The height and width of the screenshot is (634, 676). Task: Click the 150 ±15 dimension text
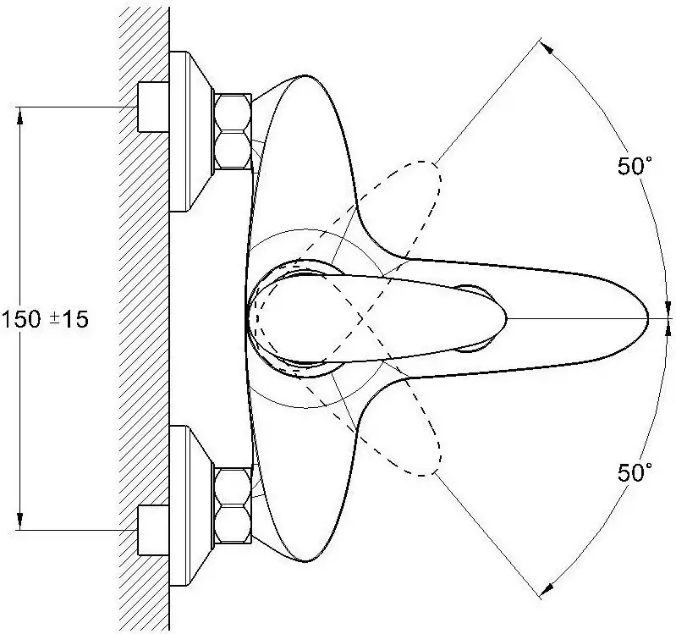coord(46,320)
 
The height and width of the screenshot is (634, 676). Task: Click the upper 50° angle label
coord(635,166)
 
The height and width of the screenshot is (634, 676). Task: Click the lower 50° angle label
coord(635,472)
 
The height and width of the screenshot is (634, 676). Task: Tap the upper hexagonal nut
coord(233,131)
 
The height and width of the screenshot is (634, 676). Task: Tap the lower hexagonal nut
coord(233,505)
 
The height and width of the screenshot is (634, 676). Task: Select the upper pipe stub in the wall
coord(153,107)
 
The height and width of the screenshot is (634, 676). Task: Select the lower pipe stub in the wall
coord(153,530)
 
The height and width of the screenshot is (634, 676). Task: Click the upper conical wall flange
coord(190,131)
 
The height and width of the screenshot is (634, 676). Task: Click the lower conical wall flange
coord(190,505)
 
